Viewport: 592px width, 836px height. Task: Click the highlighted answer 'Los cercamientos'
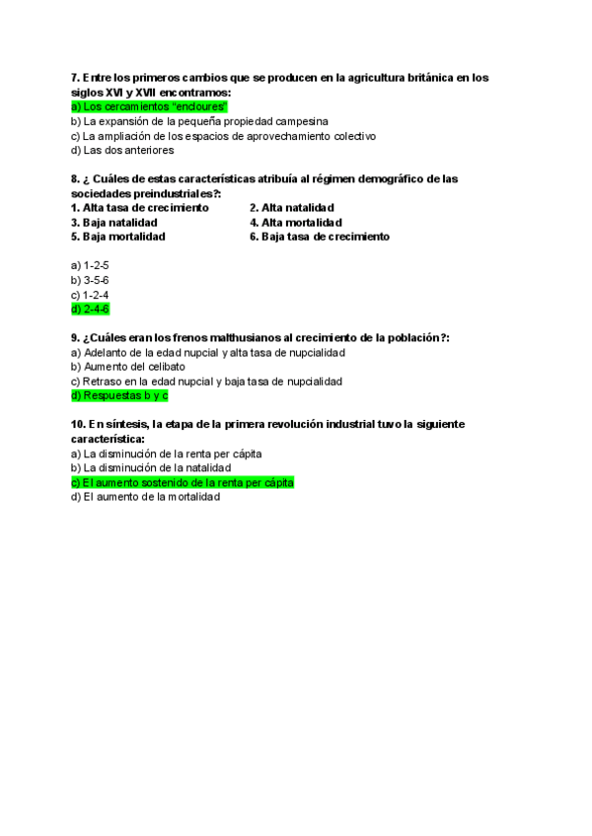(x=150, y=106)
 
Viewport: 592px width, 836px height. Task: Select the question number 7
(x=75, y=77)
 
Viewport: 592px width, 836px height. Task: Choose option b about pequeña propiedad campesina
(x=192, y=121)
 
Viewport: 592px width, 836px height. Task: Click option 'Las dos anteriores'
(x=122, y=151)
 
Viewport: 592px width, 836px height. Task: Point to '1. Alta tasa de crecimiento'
(x=140, y=208)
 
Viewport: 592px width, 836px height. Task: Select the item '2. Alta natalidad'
(x=291, y=208)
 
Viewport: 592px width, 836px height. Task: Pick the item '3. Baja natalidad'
(x=114, y=223)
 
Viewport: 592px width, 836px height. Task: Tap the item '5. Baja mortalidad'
(x=118, y=237)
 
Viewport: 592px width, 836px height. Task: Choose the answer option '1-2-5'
(x=90, y=266)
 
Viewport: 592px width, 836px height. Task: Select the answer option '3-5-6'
(x=90, y=280)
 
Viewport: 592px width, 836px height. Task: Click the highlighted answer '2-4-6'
(x=91, y=310)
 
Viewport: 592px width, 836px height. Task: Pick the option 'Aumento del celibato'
(x=128, y=367)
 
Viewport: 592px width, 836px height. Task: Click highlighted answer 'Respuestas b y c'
(x=119, y=395)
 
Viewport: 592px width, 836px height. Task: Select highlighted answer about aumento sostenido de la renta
(x=183, y=483)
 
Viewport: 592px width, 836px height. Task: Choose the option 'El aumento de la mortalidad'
(x=146, y=498)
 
